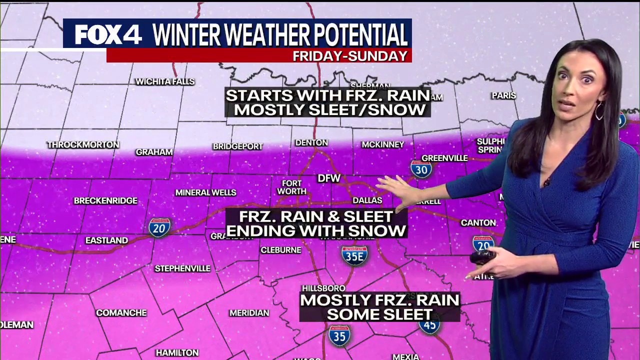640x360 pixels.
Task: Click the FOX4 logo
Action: [108, 34]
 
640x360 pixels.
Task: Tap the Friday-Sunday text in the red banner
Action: [350, 56]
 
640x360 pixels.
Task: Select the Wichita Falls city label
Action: [165, 81]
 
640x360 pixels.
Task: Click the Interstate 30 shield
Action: [421, 169]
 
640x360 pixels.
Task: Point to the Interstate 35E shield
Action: [354, 255]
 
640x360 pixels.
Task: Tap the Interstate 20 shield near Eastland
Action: [159, 227]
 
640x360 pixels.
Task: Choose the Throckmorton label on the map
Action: [83, 144]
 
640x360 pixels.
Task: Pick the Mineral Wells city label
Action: [205, 192]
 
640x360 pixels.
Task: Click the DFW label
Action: [329, 178]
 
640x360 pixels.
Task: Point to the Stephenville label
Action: [182, 268]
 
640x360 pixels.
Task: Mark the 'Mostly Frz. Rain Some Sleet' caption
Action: [379, 307]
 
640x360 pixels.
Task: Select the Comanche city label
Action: [121, 313]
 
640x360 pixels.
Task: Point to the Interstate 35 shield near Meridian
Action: [339, 335]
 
